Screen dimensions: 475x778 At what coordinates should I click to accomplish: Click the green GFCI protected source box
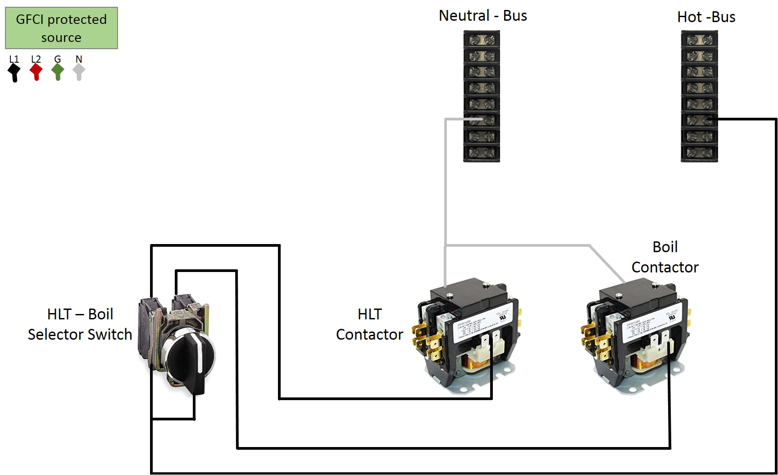point(61,28)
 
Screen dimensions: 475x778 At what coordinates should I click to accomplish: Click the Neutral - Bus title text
point(482,16)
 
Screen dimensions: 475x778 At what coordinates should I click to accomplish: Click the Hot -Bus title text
point(706,17)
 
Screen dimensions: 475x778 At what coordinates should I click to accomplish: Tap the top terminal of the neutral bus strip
point(482,40)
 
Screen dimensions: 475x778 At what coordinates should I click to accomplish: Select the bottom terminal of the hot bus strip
point(699,153)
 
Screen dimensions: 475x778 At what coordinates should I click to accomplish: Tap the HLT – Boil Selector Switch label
point(80,324)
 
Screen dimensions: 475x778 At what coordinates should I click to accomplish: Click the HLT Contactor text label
point(369,324)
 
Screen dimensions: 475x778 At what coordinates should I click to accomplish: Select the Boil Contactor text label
point(665,257)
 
